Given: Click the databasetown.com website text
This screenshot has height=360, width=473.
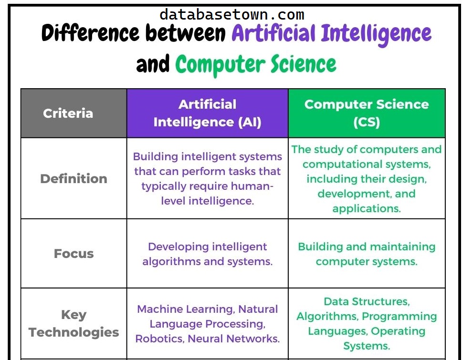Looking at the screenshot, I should [231, 15].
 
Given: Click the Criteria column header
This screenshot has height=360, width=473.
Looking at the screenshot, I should [68, 113].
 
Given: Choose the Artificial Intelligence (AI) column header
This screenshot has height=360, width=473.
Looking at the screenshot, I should [207, 113].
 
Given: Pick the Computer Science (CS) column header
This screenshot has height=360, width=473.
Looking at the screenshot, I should [367, 113].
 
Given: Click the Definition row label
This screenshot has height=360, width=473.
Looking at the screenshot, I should [74, 179].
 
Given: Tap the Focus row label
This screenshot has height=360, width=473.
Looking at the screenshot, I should [74, 254].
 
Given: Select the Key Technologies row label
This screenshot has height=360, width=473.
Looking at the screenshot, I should [74, 323].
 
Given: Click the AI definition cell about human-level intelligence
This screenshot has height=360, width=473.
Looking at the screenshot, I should [207, 179].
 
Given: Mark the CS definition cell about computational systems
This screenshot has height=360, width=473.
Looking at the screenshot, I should [367, 179].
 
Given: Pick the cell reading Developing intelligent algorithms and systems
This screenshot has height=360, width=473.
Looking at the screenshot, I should [207, 254].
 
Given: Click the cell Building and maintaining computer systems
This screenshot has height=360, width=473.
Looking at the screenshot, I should [367, 254].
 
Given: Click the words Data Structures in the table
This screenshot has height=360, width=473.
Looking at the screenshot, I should [367, 301].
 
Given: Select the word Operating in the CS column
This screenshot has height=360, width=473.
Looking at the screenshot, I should [398, 331].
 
